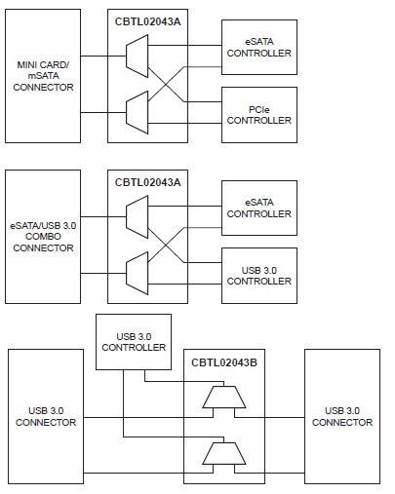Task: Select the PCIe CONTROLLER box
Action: tap(258, 113)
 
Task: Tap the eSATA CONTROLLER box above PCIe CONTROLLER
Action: tap(258, 45)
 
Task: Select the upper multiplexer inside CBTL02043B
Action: tap(224, 397)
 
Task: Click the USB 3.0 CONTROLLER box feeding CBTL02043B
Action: tap(133, 341)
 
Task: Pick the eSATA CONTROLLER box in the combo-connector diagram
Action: tap(258, 207)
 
